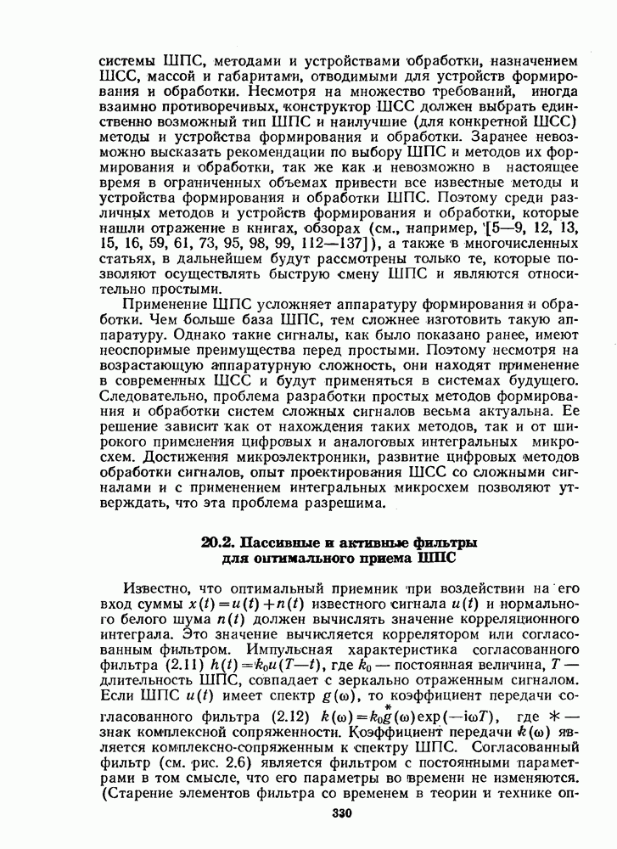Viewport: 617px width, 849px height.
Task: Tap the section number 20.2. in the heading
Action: pos(218,542)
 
